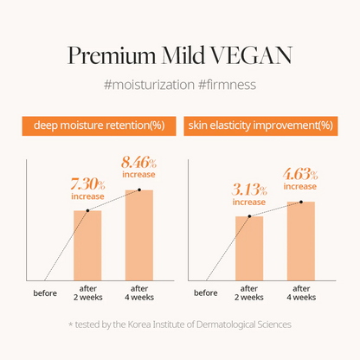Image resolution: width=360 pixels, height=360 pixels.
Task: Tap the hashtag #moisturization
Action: pyautogui.click(x=149, y=85)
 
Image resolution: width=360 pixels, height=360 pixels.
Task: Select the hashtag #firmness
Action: pyautogui.click(x=228, y=85)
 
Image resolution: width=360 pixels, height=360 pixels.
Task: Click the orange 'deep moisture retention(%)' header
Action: pyautogui.click(x=99, y=125)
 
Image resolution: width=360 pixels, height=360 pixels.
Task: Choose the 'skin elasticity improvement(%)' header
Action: pyautogui.click(x=260, y=125)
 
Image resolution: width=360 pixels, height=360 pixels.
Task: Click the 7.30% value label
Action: pyautogui.click(x=87, y=184)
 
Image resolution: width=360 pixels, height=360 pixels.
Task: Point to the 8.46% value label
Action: pyautogui.click(x=138, y=163)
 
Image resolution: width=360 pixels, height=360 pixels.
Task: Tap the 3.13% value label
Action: pyautogui.click(x=249, y=190)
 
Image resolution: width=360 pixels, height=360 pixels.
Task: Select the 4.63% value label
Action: pyautogui.click(x=300, y=175)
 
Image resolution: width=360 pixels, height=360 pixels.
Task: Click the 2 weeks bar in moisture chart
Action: pyautogui.click(x=87, y=246)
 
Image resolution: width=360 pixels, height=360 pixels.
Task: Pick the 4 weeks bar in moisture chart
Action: pyautogui.click(x=139, y=235)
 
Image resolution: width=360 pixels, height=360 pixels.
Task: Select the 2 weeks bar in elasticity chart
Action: pyautogui.click(x=249, y=248)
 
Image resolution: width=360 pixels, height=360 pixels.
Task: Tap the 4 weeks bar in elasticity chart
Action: pyautogui.click(x=301, y=241)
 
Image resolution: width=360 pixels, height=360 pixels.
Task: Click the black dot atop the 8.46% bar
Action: pyautogui.click(x=139, y=190)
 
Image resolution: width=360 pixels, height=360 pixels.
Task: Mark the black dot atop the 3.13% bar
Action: pyautogui.click(x=249, y=216)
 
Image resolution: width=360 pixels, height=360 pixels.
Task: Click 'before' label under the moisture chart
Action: pyautogui.click(x=45, y=293)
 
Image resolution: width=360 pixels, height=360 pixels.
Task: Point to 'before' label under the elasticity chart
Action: pyautogui.click(x=206, y=293)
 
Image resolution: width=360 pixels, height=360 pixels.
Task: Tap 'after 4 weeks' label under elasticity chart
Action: pyautogui.click(x=301, y=292)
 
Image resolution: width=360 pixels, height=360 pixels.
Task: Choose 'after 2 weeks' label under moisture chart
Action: pyautogui.click(x=88, y=292)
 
